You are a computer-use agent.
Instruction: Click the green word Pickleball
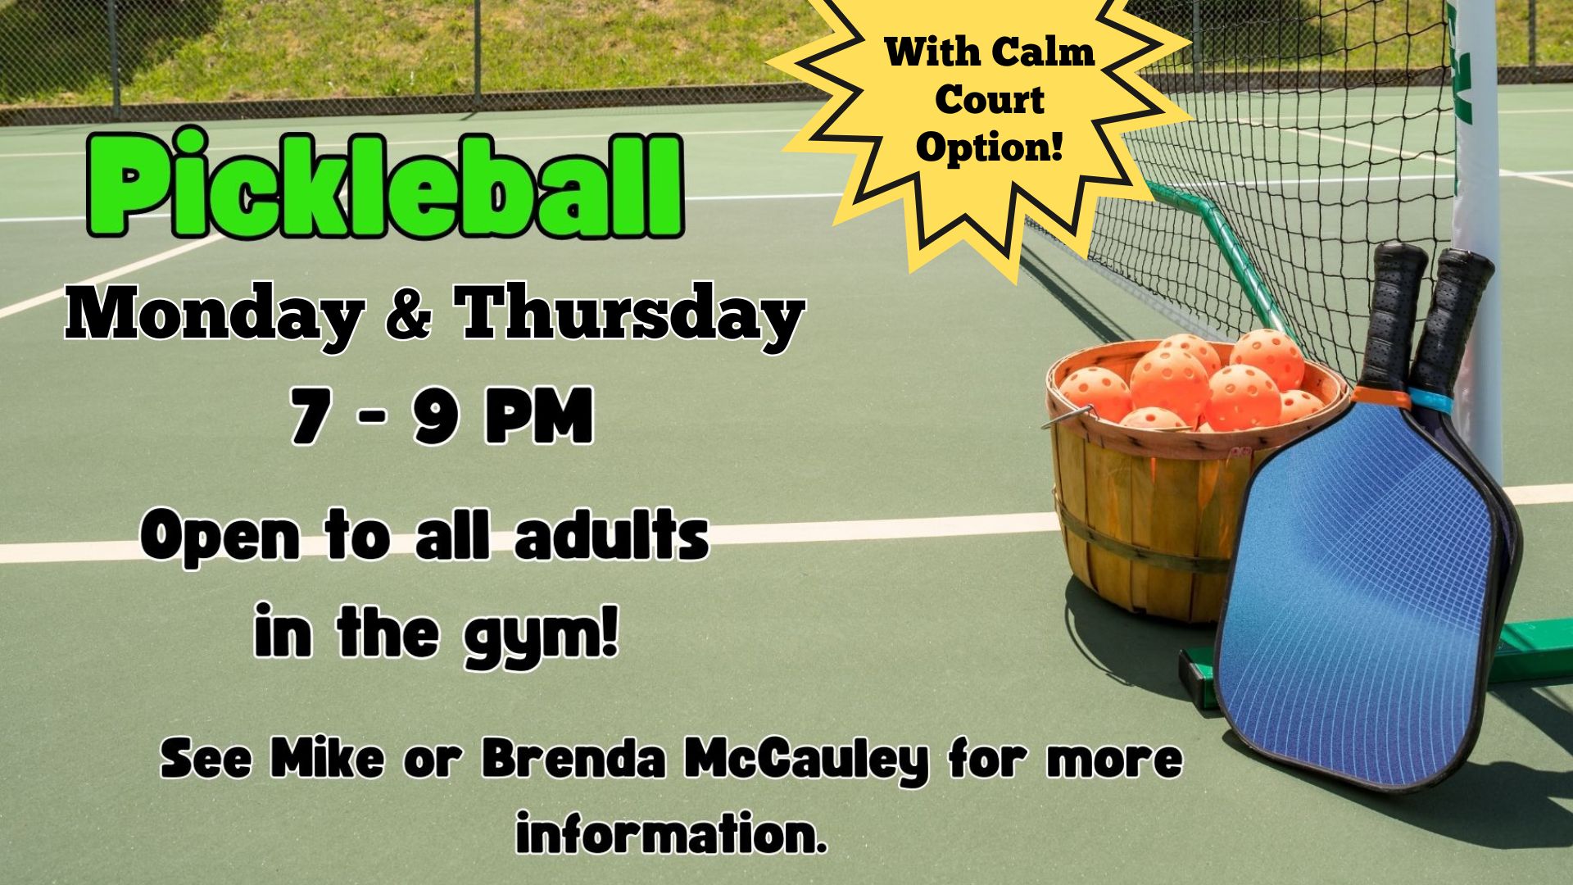tap(385, 184)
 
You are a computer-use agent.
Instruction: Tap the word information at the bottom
tap(670, 833)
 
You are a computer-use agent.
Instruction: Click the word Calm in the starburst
tap(1044, 52)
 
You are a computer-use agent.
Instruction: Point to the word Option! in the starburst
tap(990, 147)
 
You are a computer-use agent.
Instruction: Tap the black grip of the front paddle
tap(1393, 315)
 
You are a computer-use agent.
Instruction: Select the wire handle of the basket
tap(1069, 416)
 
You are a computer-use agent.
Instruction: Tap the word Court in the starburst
tap(990, 100)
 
